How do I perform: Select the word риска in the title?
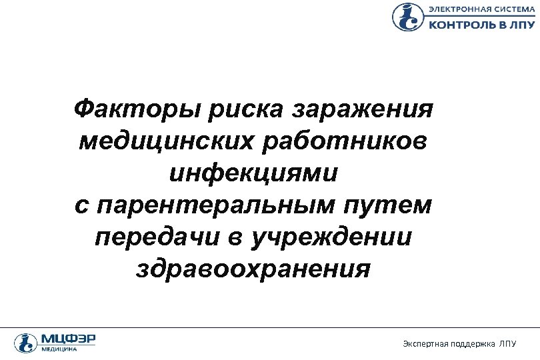coord(249,109)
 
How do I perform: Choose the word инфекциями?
coord(253,173)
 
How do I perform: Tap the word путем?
coord(393,206)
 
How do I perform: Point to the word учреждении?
coord(331,238)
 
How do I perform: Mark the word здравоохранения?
coord(253,270)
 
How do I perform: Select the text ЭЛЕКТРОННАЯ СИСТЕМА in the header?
coord(481,9)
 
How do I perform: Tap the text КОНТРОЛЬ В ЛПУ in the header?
coord(480,24)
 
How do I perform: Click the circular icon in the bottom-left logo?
coord(24,342)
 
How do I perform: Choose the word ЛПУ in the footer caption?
coord(509,344)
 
